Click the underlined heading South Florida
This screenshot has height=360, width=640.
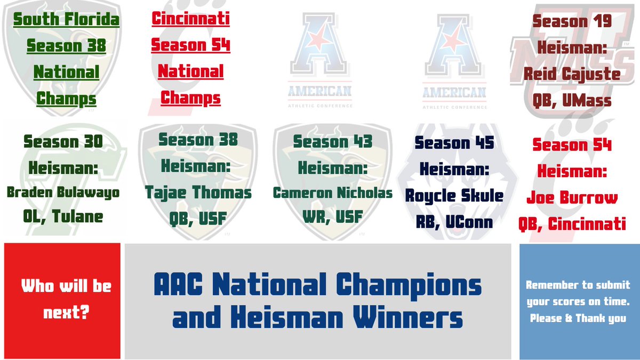[x=66, y=20]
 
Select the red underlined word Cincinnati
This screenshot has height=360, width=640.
[x=190, y=19]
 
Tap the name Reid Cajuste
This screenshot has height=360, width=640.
[x=572, y=74]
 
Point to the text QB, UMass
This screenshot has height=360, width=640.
[x=572, y=100]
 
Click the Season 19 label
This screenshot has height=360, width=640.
[x=572, y=21]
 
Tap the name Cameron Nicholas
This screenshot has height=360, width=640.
[x=333, y=193]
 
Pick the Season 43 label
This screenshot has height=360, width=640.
[x=333, y=142]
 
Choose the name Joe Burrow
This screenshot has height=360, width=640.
[x=572, y=198]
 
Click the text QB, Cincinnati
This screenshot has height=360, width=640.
[x=572, y=224]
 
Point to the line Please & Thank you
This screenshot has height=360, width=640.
[x=578, y=318]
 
